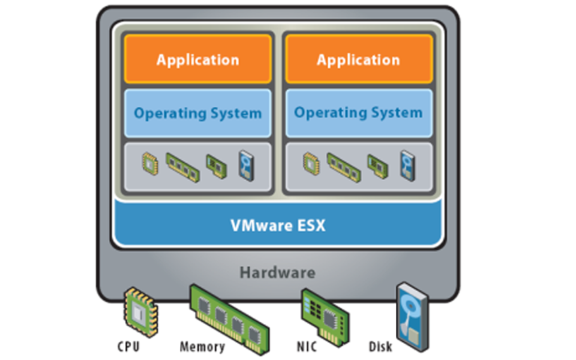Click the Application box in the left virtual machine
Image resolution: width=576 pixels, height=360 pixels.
click(198, 60)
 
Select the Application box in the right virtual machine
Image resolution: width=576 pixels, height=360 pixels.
click(358, 60)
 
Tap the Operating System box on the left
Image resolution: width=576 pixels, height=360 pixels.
click(198, 113)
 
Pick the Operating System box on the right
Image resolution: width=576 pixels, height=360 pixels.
click(358, 113)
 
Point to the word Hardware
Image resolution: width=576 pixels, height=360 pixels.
click(277, 272)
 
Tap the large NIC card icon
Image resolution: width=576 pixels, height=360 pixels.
click(320, 313)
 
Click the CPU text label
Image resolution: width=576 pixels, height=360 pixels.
click(128, 347)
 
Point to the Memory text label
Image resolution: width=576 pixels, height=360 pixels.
click(202, 347)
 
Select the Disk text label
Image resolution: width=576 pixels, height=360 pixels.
click(380, 347)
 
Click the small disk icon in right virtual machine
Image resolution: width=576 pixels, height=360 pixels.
click(406, 164)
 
